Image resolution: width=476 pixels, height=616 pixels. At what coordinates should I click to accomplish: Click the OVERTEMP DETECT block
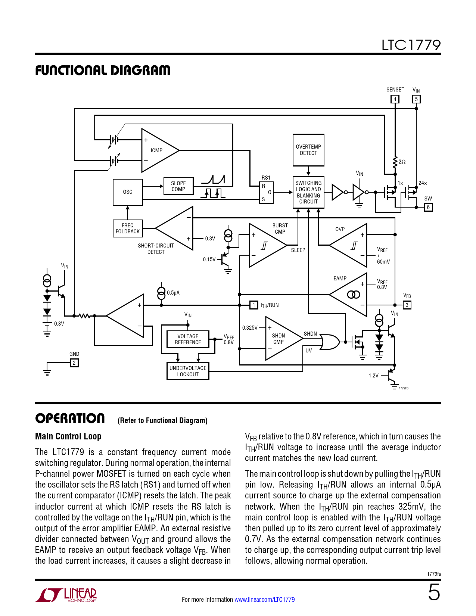coord(308,150)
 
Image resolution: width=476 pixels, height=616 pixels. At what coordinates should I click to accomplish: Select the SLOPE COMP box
coord(178,186)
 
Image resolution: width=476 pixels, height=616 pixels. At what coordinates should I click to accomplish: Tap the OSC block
coord(128,192)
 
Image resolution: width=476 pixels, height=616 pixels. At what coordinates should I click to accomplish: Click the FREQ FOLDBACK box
coord(128,228)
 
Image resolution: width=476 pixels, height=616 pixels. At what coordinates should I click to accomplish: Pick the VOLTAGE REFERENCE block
coord(188,339)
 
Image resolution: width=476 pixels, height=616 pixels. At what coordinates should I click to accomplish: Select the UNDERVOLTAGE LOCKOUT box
coord(188,371)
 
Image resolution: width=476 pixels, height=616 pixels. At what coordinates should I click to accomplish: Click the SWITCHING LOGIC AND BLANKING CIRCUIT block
coord(308,192)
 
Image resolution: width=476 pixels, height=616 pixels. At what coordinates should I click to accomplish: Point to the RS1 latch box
coord(267,192)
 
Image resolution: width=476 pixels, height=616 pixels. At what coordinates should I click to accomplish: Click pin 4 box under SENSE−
coord(395,99)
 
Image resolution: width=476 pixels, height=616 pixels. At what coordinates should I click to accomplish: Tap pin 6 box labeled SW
coord(428,207)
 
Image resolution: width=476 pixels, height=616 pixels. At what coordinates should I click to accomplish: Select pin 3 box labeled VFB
coord(407,305)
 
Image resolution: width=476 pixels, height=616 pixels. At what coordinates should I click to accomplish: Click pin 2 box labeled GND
coord(74,363)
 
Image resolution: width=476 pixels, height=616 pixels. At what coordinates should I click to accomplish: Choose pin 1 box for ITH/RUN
coord(254,305)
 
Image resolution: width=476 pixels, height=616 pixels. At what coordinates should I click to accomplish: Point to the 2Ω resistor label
coord(402,162)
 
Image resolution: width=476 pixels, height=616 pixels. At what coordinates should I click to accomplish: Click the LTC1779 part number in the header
coord(411,45)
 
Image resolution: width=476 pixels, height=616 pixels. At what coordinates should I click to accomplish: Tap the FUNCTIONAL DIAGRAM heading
coord(103,70)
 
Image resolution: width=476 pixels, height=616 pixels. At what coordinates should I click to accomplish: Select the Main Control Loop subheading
coord(68,436)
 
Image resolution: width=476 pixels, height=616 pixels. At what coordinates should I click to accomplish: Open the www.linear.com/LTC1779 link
coord(264,600)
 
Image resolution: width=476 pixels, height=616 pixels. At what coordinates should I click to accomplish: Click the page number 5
coord(434,593)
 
